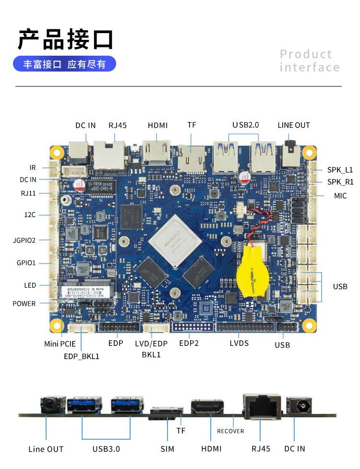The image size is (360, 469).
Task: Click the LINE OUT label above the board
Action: click(x=294, y=125)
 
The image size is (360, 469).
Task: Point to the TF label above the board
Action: click(x=192, y=125)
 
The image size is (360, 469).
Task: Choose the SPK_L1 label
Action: click(x=340, y=169)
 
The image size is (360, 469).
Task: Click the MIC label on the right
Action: click(x=340, y=196)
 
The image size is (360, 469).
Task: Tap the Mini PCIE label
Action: click(x=60, y=344)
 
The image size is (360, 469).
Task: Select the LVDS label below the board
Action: click(x=240, y=343)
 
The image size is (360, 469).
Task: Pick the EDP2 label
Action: click(x=189, y=343)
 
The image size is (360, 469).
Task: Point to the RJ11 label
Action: click(x=28, y=193)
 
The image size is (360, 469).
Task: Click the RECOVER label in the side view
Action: click(x=230, y=431)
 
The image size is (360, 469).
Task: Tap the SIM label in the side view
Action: click(x=168, y=449)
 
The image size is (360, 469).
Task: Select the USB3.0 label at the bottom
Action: click(x=106, y=449)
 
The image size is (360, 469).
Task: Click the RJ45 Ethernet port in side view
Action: click(x=262, y=405)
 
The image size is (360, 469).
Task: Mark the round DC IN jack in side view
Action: click(x=298, y=406)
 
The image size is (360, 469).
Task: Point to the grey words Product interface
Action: click(x=310, y=60)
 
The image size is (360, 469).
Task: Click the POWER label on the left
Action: click(x=24, y=303)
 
